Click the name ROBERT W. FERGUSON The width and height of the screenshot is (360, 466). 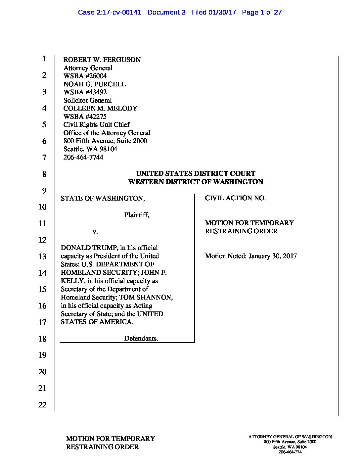(102, 60)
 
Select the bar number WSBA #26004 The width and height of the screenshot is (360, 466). (85, 76)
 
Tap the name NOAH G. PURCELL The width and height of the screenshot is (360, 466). (95, 84)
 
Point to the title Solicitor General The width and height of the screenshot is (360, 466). (88, 100)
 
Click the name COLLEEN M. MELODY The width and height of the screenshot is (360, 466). (100, 109)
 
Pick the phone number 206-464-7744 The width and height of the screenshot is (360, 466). (83, 157)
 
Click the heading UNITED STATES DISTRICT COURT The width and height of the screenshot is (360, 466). (196, 173)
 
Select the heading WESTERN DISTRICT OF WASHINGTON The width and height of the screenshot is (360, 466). (196, 182)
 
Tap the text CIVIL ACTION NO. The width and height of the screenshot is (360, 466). (235, 198)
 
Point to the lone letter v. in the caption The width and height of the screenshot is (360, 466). (95, 232)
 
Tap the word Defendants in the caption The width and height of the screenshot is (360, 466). (141, 338)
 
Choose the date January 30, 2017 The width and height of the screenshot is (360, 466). (273, 256)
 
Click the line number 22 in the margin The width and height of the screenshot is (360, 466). (42, 404)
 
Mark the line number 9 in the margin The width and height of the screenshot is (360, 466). (44, 191)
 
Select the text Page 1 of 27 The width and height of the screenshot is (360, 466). (262, 13)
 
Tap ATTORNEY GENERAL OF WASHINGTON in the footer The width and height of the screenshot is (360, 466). (290, 437)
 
